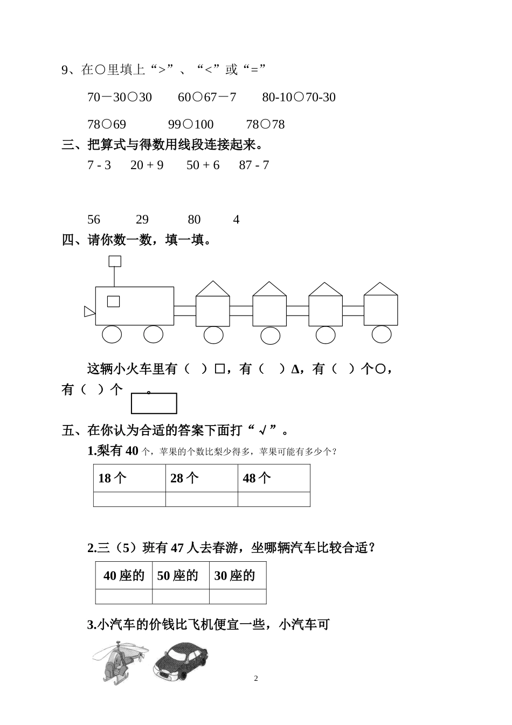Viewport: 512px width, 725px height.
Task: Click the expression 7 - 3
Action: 99,165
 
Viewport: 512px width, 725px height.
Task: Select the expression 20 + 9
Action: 147,165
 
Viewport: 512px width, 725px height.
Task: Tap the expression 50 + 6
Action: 203,165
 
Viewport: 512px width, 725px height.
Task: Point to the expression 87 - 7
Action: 254,165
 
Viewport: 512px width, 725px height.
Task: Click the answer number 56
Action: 94,220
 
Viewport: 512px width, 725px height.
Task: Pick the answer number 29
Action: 142,220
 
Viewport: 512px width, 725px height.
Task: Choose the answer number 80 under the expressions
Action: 194,220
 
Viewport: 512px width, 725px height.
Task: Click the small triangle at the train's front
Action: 89,311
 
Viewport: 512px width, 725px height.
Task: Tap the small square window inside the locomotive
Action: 113,302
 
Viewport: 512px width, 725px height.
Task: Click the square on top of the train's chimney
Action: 115,261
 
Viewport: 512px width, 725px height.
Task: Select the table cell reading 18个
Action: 129,478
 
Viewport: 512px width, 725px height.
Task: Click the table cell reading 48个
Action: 274,478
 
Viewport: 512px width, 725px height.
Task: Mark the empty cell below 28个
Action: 202,499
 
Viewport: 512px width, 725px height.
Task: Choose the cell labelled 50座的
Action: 181,576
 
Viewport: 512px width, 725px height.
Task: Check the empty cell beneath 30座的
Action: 238,597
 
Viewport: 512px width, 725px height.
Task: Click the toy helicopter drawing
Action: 120,661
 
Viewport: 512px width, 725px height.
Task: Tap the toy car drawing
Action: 179,660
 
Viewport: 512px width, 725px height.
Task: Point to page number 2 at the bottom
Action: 256,679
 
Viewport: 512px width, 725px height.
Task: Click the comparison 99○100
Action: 191,125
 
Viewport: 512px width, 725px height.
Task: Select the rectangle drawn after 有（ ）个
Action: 154,403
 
